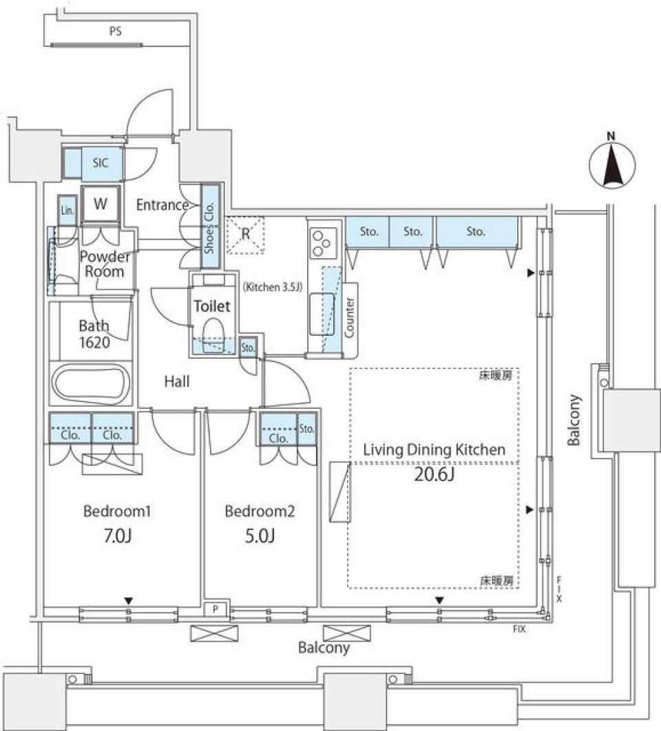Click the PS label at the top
click(115, 31)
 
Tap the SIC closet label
click(101, 162)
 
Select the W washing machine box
click(101, 204)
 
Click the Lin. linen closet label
click(67, 210)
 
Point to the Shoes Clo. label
click(209, 227)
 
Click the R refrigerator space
click(245, 235)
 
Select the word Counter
click(349, 317)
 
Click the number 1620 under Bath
click(95, 343)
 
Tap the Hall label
click(177, 382)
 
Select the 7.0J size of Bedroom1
click(117, 536)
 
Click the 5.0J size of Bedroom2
click(260, 536)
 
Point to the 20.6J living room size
click(434, 474)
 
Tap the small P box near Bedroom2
click(216, 609)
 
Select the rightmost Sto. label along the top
click(476, 231)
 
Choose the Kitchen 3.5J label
click(273, 287)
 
